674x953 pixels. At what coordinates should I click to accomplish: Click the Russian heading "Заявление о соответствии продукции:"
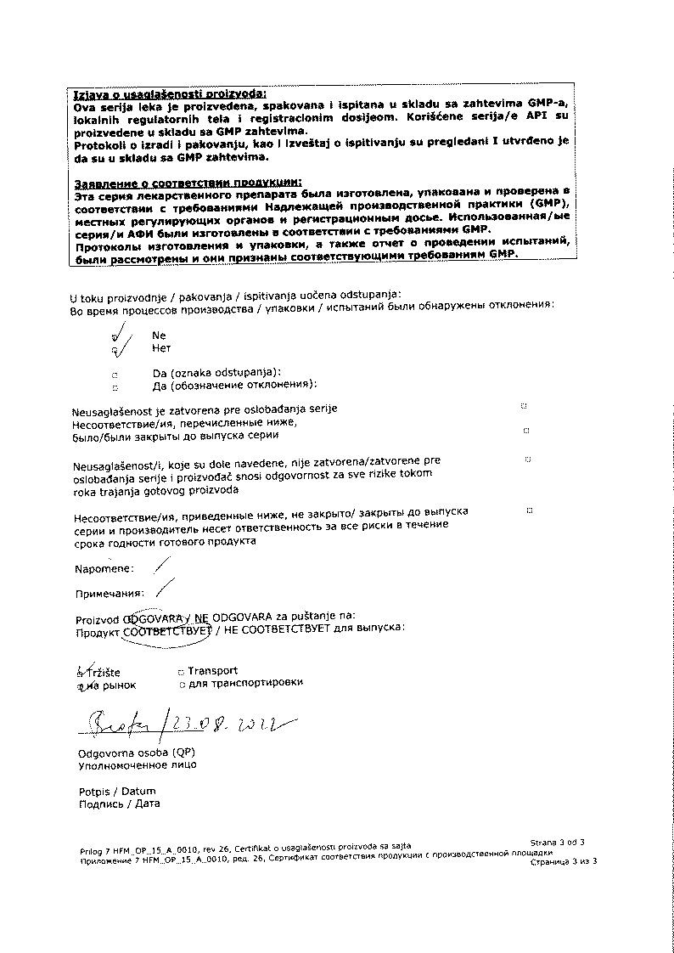click(188, 182)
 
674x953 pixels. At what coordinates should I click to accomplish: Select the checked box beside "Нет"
click(115, 349)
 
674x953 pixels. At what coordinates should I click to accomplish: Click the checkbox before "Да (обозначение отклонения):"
click(115, 386)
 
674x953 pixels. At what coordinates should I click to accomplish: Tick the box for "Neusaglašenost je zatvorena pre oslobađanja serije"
click(523, 407)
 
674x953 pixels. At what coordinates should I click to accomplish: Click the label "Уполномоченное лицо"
click(137, 764)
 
